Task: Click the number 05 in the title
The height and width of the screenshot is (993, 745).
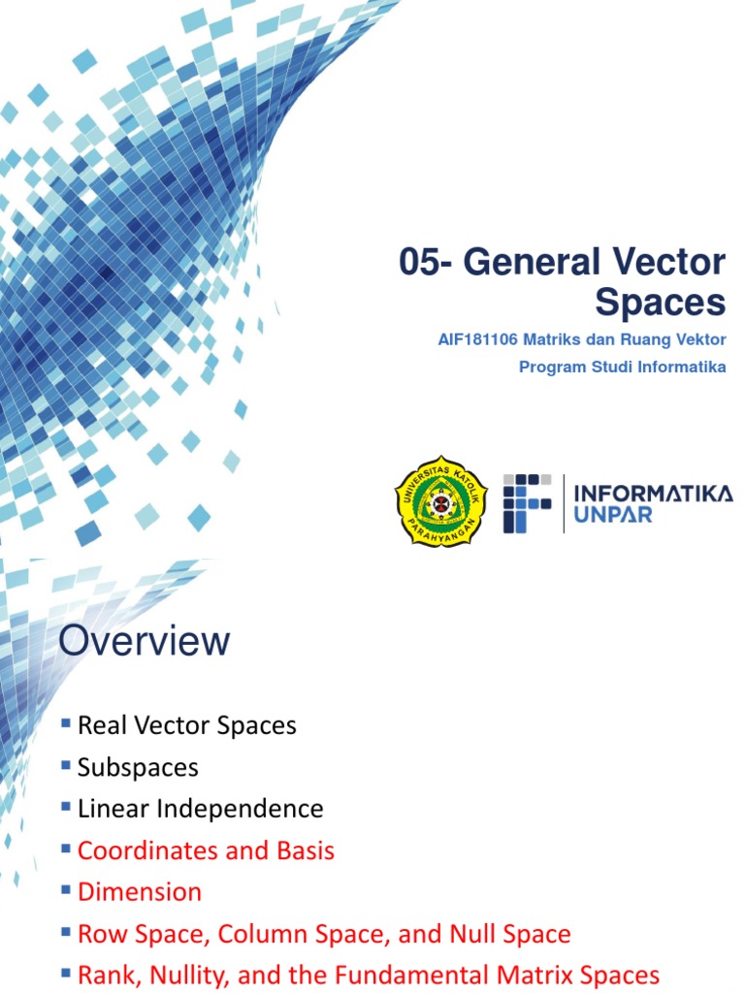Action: point(419,263)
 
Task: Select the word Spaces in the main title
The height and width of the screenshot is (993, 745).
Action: point(661,304)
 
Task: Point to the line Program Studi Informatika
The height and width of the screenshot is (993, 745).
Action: point(622,367)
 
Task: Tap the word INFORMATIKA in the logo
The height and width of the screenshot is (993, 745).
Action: point(653,493)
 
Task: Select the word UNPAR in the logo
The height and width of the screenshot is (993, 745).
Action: point(613,514)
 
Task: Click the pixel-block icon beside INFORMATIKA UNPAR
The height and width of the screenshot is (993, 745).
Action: point(527,502)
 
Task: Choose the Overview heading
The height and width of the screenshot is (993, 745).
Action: point(145,641)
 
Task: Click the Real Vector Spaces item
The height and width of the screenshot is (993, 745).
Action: point(186,725)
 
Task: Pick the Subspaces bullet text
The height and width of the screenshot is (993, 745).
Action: point(138,767)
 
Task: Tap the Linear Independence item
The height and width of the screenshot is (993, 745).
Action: point(200,809)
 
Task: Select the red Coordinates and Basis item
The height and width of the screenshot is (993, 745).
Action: point(206,850)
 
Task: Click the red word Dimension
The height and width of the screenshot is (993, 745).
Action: point(140,892)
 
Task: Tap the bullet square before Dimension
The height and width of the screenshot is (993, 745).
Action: point(66,889)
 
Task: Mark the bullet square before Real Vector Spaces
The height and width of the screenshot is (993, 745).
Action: point(66,722)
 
